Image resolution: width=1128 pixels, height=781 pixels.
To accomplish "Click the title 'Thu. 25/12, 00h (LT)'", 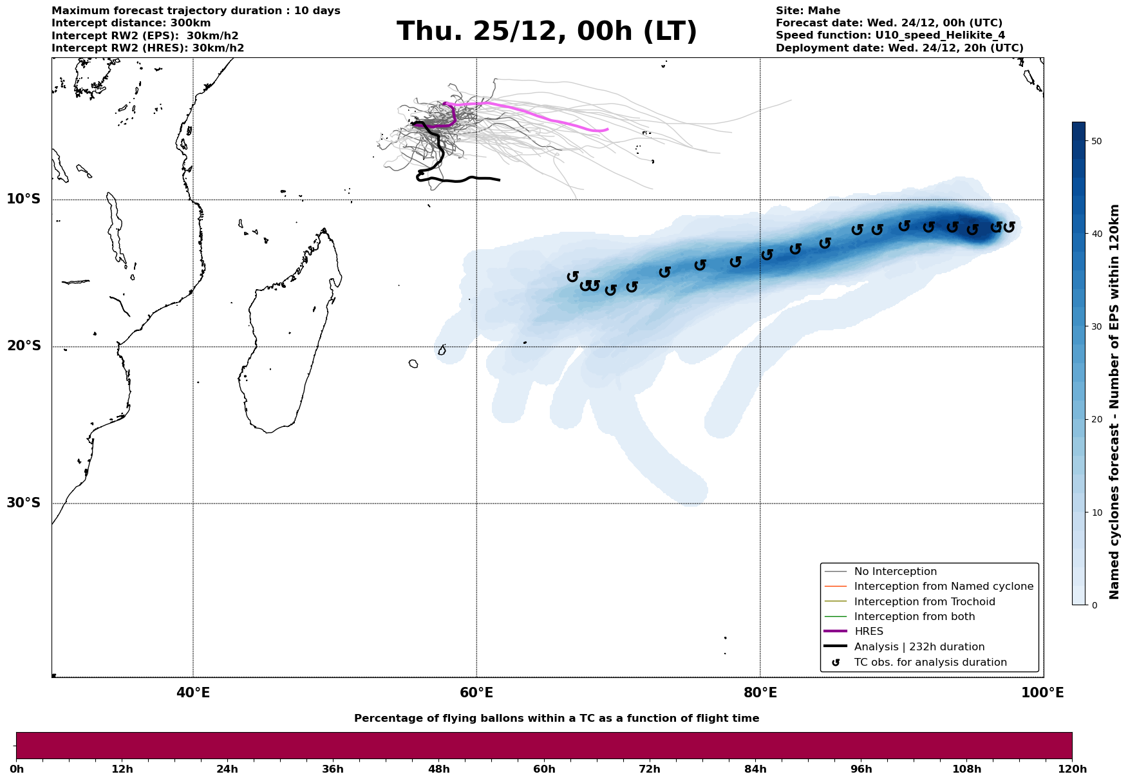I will (x=547, y=32).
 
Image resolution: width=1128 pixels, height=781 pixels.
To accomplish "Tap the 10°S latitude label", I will (x=24, y=198).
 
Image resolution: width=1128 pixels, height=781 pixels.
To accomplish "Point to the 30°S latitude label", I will (x=24, y=502).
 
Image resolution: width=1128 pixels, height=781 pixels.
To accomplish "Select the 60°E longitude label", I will (x=476, y=693).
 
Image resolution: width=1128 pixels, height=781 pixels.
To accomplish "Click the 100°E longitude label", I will (x=1043, y=693).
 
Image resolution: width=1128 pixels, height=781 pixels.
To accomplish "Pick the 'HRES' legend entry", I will (x=869, y=632).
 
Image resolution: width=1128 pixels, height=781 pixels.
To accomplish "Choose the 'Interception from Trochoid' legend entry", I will (x=925, y=601).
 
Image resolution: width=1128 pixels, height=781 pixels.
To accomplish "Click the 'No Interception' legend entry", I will (x=895, y=572).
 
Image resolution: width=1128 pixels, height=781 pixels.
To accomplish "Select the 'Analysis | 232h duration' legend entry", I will (x=919, y=646).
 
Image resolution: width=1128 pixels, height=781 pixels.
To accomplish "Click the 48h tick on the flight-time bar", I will (x=439, y=769).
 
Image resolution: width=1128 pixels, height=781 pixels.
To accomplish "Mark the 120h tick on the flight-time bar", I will (x=1072, y=769).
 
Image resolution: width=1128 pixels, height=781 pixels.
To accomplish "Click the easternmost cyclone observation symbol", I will (x=1009, y=227).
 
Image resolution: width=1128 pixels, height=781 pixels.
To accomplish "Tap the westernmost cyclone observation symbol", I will (x=572, y=277).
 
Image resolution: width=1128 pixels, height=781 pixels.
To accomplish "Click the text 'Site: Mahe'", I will (x=807, y=11).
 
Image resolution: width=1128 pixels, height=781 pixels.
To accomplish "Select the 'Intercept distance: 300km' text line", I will (x=131, y=23).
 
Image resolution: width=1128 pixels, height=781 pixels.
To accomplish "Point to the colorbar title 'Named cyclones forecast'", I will (x=1115, y=402).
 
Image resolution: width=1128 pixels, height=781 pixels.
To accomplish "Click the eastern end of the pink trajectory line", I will (x=607, y=129).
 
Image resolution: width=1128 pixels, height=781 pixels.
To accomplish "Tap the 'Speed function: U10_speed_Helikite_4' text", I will (x=890, y=35).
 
